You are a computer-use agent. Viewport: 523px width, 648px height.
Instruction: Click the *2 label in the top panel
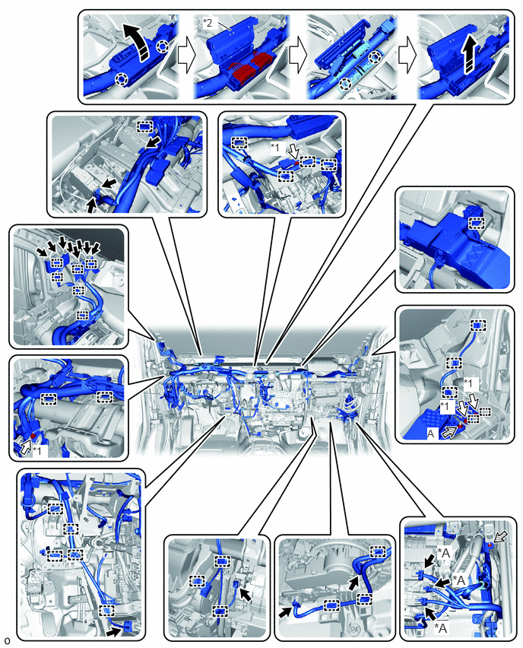pyautogui.click(x=208, y=23)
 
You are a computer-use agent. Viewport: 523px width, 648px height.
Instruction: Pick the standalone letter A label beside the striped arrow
pyautogui.click(x=431, y=433)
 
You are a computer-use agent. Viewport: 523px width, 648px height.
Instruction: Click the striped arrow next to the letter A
pyautogui.click(x=450, y=431)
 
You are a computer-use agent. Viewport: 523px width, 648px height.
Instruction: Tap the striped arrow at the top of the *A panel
pyautogui.click(x=498, y=536)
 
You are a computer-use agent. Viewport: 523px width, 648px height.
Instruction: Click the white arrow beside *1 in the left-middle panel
pyautogui.click(x=27, y=447)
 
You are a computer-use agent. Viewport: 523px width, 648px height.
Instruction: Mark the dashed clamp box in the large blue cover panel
pyautogui.click(x=477, y=224)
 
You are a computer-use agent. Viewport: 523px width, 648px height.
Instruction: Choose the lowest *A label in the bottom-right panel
pyautogui.click(x=441, y=628)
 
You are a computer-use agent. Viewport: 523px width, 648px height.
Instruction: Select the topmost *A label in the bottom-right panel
pyautogui.click(x=443, y=552)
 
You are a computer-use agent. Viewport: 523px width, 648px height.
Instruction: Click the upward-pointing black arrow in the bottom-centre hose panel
pyautogui.click(x=353, y=583)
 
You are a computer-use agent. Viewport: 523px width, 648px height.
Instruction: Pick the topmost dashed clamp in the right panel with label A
pyautogui.click(x=477, y=326)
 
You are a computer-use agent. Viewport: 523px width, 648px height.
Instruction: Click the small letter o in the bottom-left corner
pyautogui.click(x=6, y=641)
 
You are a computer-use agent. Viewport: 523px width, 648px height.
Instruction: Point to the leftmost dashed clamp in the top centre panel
pyautogui.click(x=239, y=143)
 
